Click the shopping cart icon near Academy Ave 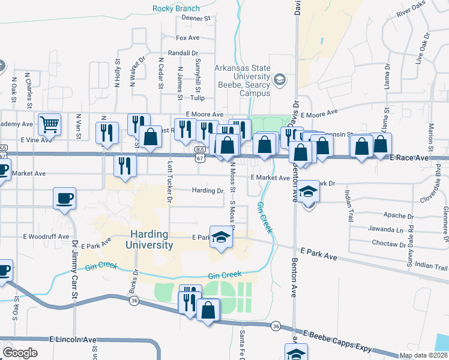pyautogui.click(x=50, y=124)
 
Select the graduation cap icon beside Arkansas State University pyautogui.click(x=279, y=80)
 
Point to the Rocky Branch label pyautogui.click(x=175, y=8)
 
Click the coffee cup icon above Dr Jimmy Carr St pyautogui.click(x=64, y=197)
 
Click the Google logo pyautogui.click(x=19, y=353)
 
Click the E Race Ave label pyautogui.click(x=409, y=158)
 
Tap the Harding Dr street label pyautogui.click(x=207, y=191)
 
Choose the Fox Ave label pyautogui.click(x=187, y=38)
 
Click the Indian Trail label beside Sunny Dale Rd pyautogui.click(x=431, y=266)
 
